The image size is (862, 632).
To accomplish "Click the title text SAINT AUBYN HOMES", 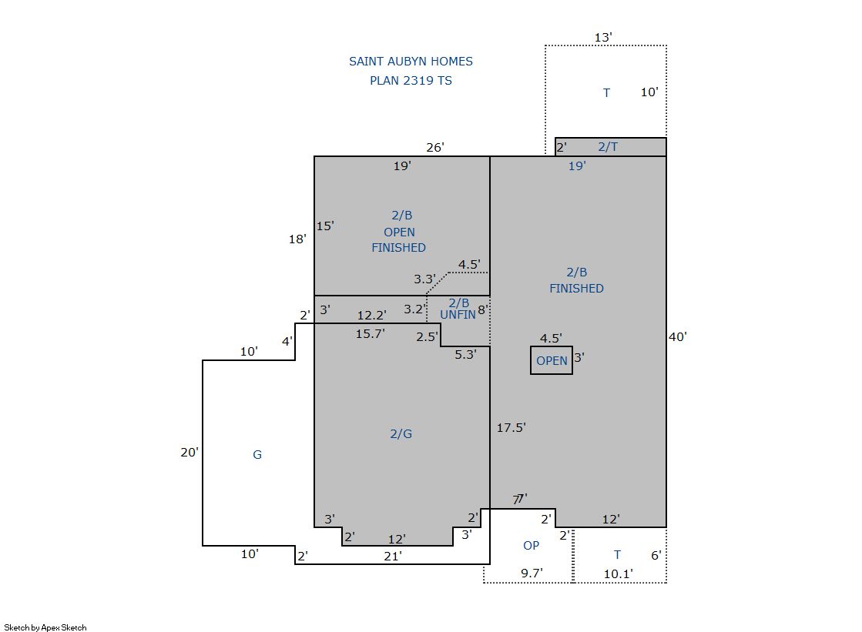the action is [x=411, y=61].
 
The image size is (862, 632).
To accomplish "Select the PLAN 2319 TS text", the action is [x=411, y=80].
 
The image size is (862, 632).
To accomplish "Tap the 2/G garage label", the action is [x=401, y=433].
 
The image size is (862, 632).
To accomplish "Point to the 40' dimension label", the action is [x=678, y=336].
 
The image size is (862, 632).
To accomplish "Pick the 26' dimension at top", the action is [x=434, y=147].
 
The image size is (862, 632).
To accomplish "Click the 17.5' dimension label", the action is [x=511, y=427].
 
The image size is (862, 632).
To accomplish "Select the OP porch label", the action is [x=531, y=545].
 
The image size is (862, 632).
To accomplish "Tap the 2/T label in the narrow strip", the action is [x=608, y=147].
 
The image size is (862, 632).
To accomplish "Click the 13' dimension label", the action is [x=603, y=38].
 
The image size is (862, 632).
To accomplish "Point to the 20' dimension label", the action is [x=190, y=453].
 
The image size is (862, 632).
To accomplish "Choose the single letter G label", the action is [x=257, y=454].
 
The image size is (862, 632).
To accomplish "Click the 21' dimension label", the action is [x=393, y=556].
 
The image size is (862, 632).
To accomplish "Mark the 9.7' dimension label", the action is [x=532, y=573].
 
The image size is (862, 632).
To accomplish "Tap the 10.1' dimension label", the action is [x=618, y=574].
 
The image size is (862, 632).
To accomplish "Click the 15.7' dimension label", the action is [x=370, y=333].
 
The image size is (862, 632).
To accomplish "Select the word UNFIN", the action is [x=458, y=314].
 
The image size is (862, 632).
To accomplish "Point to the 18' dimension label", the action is [x=297, y=239].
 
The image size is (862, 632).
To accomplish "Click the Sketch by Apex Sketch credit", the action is [x=45, y=627].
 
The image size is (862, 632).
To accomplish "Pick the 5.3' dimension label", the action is [x=465, y=354].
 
